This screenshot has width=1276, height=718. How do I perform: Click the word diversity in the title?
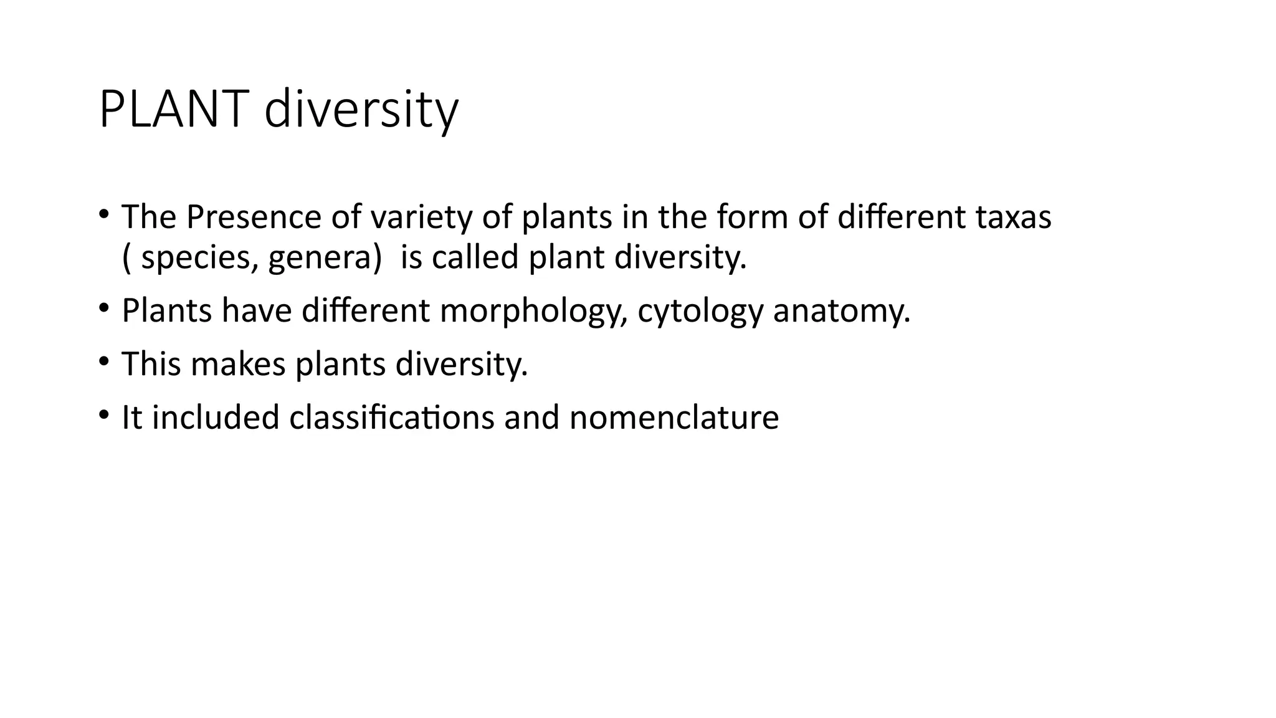pyautogui.click(x=361, y=110)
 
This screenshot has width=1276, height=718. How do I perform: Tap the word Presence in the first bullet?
pyautogui.click(x=254, y=218)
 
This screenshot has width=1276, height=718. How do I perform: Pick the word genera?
pyautogui.click(x=325, y=257)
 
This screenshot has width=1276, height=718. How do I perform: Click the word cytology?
pyautogui.click(x=700, y=311)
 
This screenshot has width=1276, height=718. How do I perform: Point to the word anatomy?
pyautogui.click(x=841, y=311)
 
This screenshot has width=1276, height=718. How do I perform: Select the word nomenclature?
pyautogui.click(x=674, y=417)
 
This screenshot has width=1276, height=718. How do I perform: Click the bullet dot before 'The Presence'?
pyautogui.click(x=103, y=214)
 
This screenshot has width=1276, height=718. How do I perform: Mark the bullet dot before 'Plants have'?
pyautogui.click(x=103, y=308)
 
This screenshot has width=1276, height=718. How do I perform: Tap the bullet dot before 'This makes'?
pyautogui.click(x=103, y=361)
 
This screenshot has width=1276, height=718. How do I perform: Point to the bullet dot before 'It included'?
pyautogui.click(x=103, y=414)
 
